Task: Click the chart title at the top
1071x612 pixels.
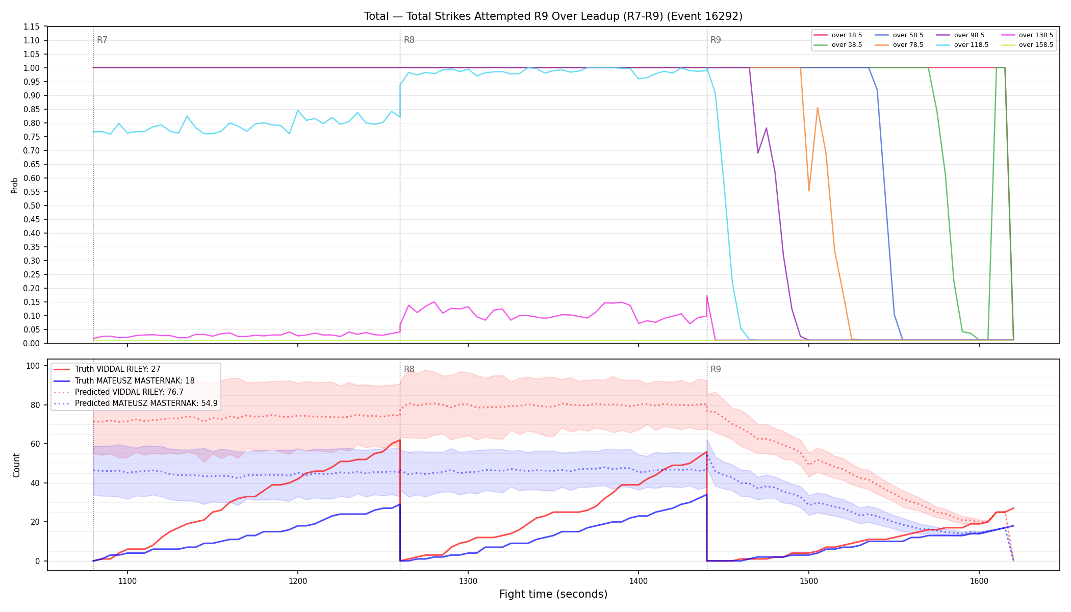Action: [553, 16]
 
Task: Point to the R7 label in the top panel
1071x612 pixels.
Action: [102, 40]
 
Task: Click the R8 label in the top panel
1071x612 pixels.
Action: [409, 40]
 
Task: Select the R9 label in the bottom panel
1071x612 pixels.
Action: [716, 369]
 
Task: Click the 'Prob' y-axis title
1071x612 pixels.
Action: [15, 185]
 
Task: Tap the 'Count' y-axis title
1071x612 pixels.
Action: [16, 465]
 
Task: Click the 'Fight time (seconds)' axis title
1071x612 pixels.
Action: [553, 594]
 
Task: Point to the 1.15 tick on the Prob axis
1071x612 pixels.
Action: [32, 27]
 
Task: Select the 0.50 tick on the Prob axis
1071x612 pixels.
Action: [32, 206]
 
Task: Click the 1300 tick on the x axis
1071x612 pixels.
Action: [468, 581]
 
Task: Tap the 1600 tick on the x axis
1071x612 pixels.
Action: [979, 581]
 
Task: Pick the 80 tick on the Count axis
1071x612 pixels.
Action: [36, 405]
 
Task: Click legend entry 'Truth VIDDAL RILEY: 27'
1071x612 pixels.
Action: [117, 369]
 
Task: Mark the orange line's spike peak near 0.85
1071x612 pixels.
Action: [818, 108]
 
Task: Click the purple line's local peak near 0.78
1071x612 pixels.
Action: [766, 128]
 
